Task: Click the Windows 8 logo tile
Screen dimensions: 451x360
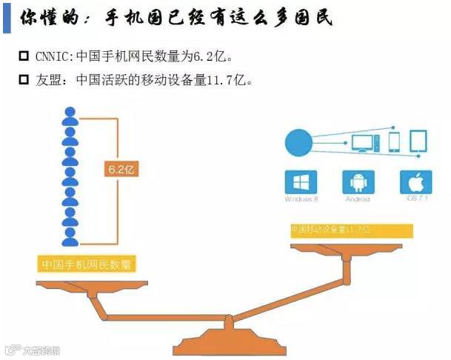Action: [x=301, y=182]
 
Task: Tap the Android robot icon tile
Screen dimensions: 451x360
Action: [x=358, y=182]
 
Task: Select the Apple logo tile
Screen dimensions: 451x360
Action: [x=415, y=182]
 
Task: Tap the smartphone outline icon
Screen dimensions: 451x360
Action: [x=394, y=141]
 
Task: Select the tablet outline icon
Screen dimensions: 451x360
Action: [x=419, y=141]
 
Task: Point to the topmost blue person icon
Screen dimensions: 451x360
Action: [x=70, y=117]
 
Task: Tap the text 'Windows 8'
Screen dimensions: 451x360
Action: [x=301, y=200]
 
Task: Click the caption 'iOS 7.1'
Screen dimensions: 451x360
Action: [x=415, y=200]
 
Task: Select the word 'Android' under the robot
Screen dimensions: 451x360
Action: [x=358, y=200]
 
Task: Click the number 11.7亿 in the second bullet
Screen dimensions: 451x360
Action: [x=230, y=79]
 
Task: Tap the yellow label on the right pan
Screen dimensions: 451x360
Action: [x=351, y=230]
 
